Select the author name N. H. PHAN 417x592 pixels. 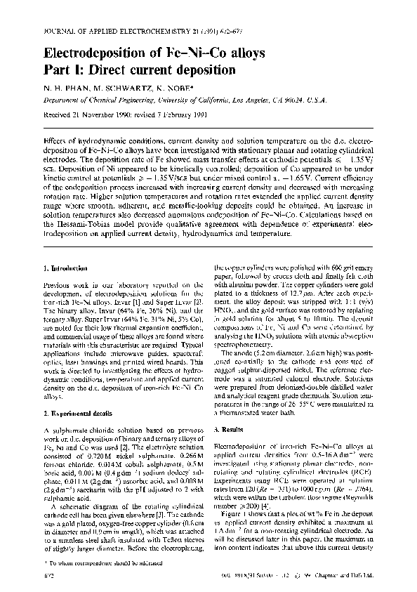[x=65, y=88]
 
